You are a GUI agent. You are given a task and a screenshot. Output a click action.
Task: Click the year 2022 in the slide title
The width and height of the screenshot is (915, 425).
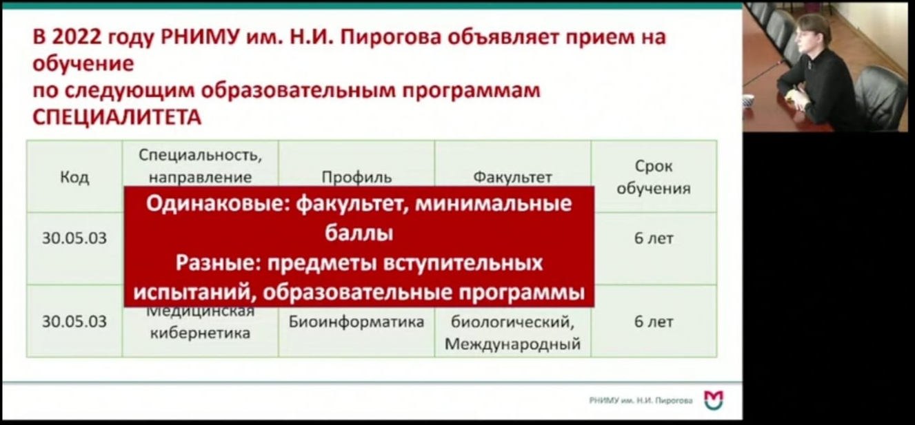[x=77, y=37]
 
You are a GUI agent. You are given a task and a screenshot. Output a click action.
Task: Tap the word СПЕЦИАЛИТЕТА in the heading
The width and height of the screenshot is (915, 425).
[x=117, y=118]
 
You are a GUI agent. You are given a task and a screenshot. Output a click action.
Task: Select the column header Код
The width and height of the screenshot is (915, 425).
[x=74, y=177]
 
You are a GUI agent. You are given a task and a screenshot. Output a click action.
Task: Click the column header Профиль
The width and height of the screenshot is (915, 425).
[x=356, y=178]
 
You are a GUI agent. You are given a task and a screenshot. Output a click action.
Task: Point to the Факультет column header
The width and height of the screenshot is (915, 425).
[x=512, y=178]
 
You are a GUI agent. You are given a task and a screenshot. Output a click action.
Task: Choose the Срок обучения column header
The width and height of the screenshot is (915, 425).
[x=654, y=177]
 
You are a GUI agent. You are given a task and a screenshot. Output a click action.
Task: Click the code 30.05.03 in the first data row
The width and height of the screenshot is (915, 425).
[x=74, y=238]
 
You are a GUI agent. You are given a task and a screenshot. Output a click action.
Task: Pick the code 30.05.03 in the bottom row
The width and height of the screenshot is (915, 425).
[x=74, y=322]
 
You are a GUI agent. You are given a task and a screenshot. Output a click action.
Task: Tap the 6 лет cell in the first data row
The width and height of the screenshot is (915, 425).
[x=654, y=238]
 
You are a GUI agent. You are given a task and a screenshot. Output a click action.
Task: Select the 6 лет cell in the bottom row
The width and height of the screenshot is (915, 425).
[x=654, y=322]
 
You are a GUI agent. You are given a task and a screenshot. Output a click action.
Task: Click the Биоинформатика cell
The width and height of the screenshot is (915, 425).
[x=356, y=322]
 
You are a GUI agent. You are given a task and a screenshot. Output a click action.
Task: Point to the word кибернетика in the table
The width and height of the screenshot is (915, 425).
[x=200, y=333]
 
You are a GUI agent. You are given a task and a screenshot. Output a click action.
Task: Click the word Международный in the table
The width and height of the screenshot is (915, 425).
[x=512, y=344]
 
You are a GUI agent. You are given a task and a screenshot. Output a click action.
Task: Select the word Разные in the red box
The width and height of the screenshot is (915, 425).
[x=218, y=263]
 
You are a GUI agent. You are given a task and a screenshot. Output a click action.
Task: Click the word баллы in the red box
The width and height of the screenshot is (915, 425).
[x=359, y=234]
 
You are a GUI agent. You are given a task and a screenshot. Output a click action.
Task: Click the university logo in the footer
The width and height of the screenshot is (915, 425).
[x=714, y=400]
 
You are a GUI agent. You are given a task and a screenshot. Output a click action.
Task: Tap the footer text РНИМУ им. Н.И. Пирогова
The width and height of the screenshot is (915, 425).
[x=641, y=400]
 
